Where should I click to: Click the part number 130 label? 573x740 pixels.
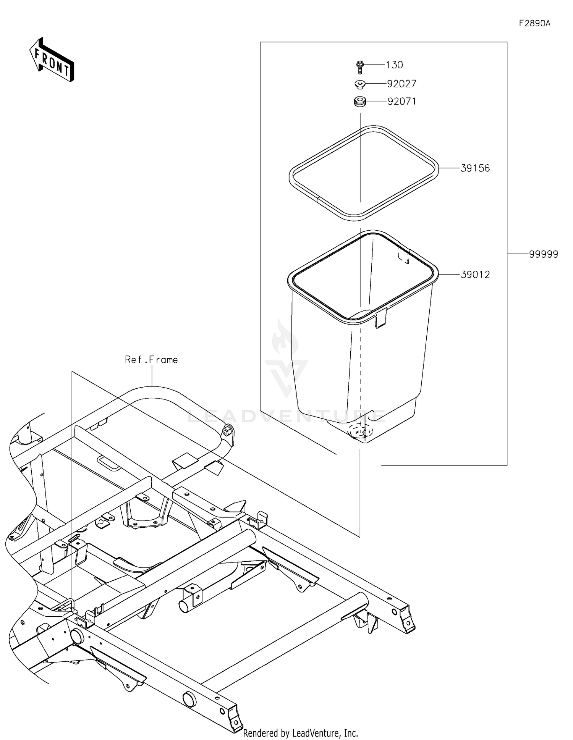(394, 65)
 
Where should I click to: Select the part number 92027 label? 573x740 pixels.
(401, 83)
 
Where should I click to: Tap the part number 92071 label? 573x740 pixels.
(401, 101)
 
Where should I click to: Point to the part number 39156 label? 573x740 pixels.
(475, 168)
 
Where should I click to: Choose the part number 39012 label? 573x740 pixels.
(475, 274)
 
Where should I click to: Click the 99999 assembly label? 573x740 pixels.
(543, 254)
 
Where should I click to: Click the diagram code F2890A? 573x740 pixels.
(534, 23)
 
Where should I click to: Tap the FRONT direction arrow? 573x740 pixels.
(52, 60)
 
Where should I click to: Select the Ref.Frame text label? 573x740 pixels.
(151, 360)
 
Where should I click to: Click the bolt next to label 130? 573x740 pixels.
(359, 67)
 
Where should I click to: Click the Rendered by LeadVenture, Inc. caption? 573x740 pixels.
(300, 733)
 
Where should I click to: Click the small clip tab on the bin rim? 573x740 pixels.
(380, 319)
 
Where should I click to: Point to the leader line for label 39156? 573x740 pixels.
(449, 168)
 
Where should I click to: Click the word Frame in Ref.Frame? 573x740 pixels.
(163, 360)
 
